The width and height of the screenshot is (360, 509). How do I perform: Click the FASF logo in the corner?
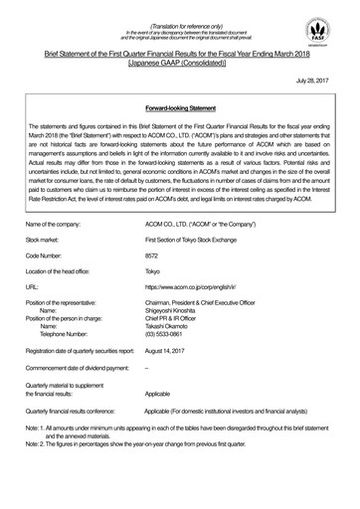click(x=333, y=28)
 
